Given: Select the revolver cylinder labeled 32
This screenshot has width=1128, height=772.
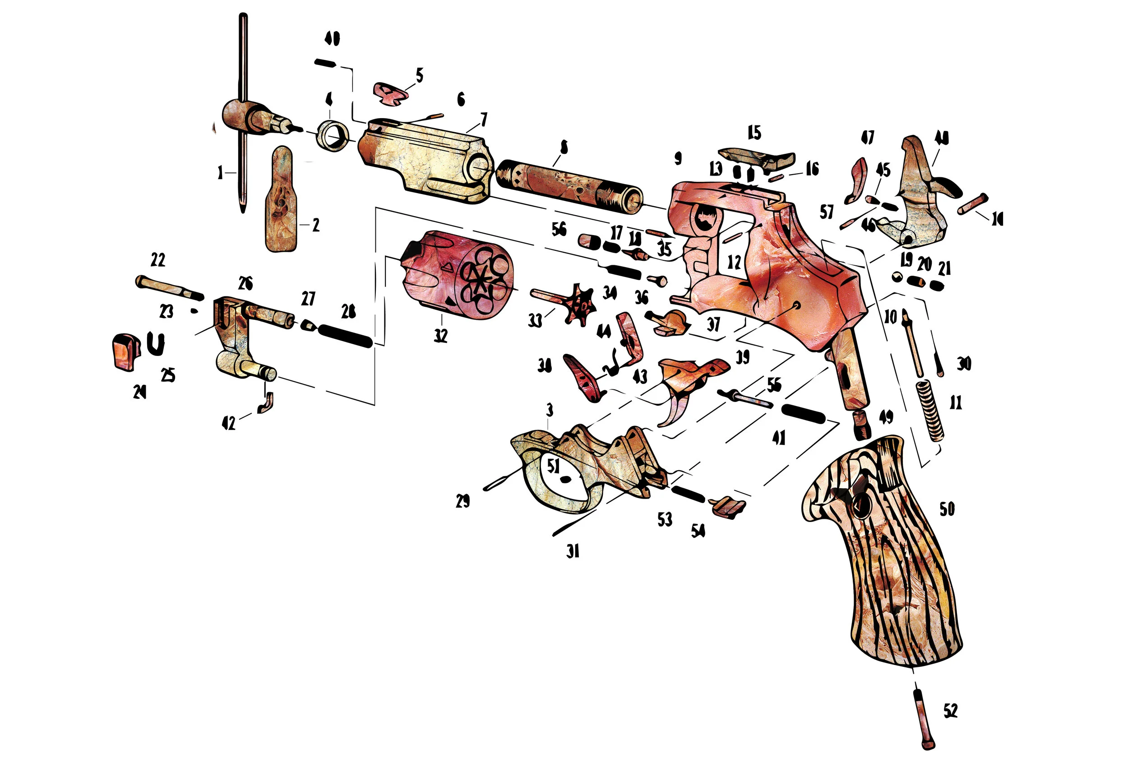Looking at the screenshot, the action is tap(456, 277).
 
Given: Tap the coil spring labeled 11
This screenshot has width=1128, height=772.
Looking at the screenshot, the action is tap(930, 410).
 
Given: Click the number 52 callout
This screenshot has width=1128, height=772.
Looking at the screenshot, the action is tap(950, 711).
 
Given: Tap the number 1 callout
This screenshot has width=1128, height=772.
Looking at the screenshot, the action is tap(220, 172).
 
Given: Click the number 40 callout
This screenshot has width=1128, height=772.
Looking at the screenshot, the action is tap(332, 39).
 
